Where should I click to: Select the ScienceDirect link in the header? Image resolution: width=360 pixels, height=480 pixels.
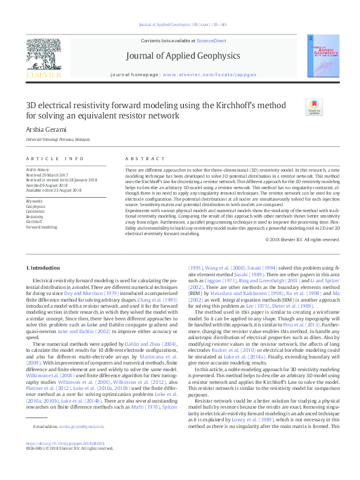click(211, 41)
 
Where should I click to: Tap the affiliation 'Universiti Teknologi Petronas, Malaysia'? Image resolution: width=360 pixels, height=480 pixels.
click(58, 139)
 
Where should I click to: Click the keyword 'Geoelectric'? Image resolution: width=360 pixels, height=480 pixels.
click(35, 210)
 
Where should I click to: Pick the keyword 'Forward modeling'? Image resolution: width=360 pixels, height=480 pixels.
click(42, 227)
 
